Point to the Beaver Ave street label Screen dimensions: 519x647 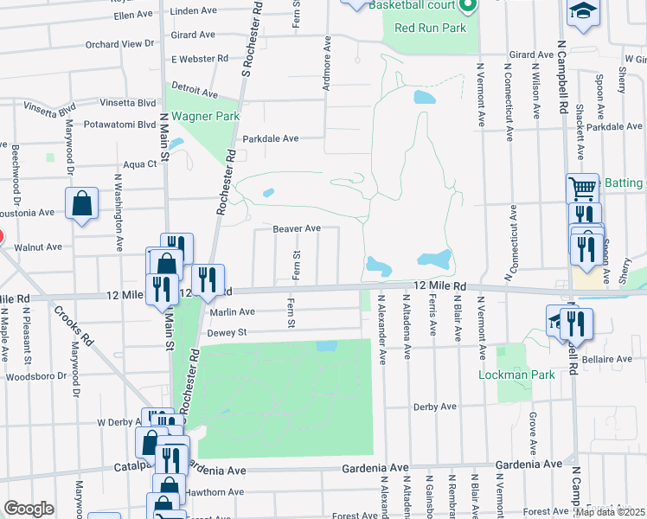coord(297,229)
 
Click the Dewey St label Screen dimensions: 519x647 coord(227,332)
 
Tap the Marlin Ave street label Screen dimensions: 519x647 coord(231,312)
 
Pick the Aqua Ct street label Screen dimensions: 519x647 coord(139,163)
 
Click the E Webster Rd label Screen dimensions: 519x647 coord(200,59)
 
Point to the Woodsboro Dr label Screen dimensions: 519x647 coord(35,376)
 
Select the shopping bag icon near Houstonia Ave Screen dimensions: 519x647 coord(81,204)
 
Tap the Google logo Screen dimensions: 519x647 coord(29,509)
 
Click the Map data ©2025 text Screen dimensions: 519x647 coord(610,512)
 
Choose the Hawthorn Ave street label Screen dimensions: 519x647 coord(215,492)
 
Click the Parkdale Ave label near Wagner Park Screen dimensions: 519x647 coord(270,138)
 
